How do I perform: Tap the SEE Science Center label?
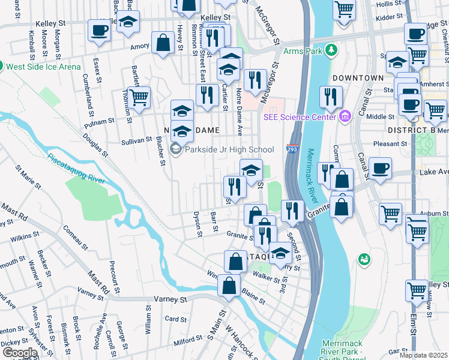[x=299, y=116]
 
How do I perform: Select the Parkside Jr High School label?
[x=229, y=149]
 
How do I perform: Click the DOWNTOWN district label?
[x=358, y=78]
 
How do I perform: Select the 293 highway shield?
[x=292, y=148]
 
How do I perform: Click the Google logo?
[x=20, y=352]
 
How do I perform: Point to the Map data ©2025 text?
[x=423, y=355]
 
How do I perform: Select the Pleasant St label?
[x=390, y=144]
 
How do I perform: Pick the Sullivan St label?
[x=137, y=140]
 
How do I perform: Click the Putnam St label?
[x=100, y=121]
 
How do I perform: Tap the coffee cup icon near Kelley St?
[x=99, y=30]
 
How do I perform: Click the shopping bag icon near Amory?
[x=163, y=43]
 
